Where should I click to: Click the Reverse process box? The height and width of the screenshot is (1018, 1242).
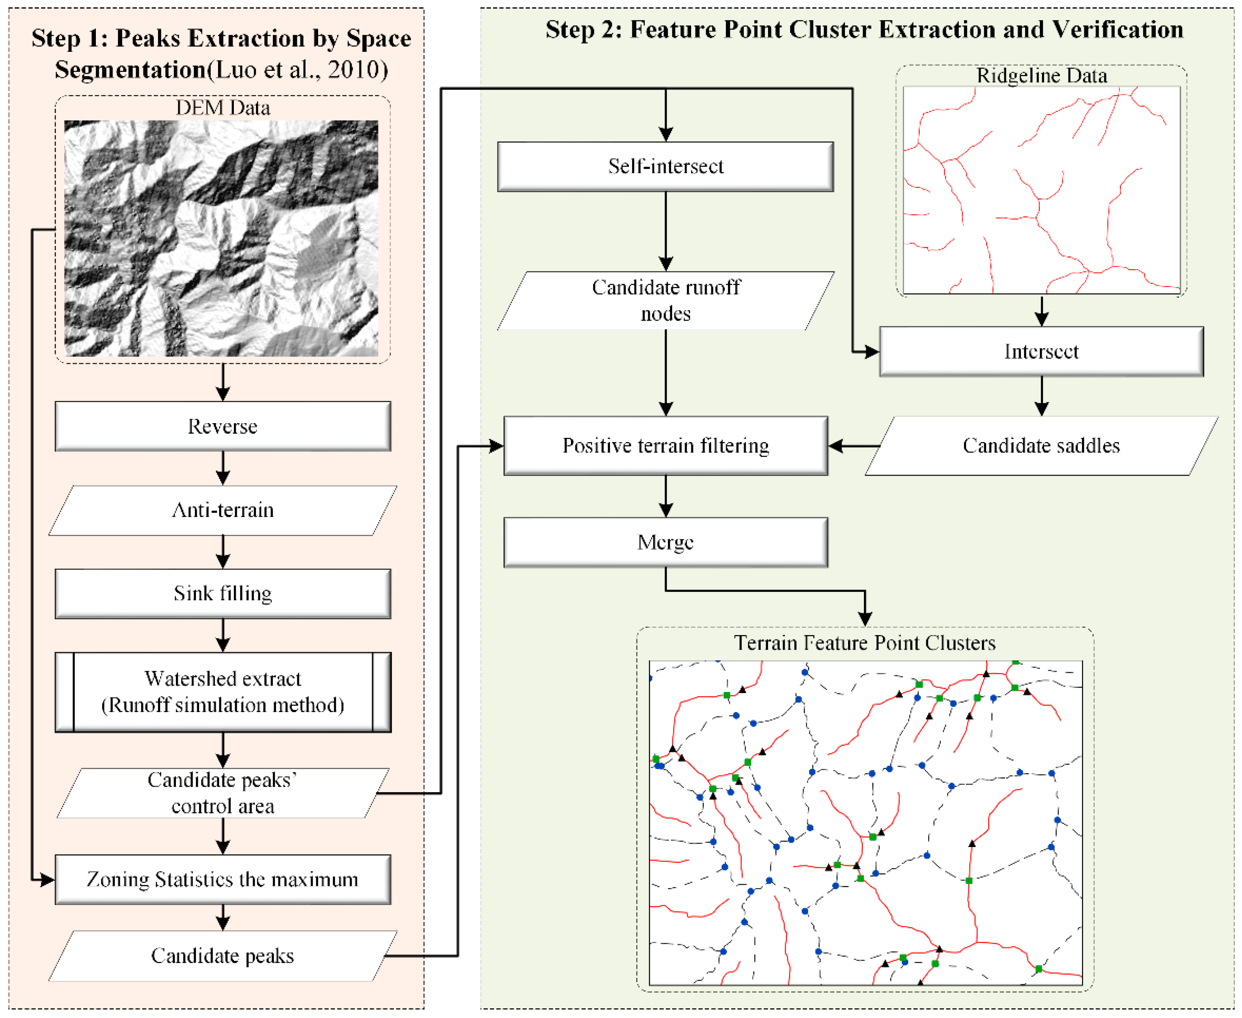[x=223, y=426]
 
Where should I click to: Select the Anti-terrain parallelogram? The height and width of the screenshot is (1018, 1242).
[x=223, y=510]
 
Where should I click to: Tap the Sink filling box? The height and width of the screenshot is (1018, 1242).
[x=223, y=593]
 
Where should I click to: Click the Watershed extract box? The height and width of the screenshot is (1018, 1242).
[x=223, y=692]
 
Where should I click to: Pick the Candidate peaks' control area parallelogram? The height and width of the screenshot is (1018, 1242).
[x=223, y=793]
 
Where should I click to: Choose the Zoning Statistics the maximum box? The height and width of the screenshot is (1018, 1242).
[x=223, y=880]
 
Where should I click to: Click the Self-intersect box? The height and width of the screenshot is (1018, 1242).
[x=665, y=167]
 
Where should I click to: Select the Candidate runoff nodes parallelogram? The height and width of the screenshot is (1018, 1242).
[x=665, y=300]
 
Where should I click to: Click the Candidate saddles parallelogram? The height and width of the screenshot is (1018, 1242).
[x=1041, y=446]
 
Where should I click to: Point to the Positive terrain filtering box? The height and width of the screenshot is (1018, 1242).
[x=665, y=446]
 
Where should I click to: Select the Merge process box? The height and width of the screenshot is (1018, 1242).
[x=665, y=542]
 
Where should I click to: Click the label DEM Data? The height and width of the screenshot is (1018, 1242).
[x=223, y=108]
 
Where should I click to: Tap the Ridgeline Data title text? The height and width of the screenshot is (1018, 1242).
[x=1041, y=76]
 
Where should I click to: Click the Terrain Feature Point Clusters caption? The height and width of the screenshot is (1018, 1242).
[x=865, y=643]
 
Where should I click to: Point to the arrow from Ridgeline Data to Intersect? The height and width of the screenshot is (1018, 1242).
[x=1041, y=311]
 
